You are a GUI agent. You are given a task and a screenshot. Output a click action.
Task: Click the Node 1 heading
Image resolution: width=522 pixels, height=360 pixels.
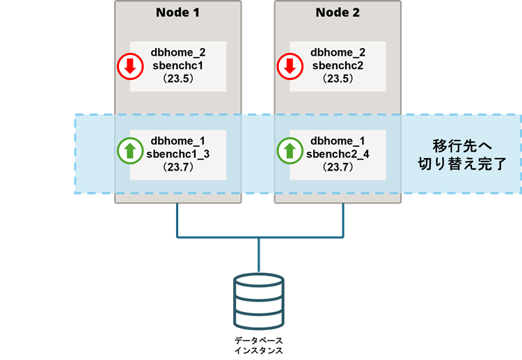coord(178,13)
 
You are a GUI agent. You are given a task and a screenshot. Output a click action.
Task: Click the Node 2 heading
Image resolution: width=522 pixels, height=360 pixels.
coord(338,13)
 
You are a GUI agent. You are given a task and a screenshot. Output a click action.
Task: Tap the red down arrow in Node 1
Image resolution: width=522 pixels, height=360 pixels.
coord(128,66)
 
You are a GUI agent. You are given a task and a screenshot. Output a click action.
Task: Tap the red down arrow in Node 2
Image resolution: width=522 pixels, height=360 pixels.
coord(288,66)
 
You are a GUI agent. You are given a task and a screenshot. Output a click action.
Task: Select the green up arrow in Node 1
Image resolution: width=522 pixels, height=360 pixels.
coord(128,150)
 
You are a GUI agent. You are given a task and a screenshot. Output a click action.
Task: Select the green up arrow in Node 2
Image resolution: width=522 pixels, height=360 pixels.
coord(288,150)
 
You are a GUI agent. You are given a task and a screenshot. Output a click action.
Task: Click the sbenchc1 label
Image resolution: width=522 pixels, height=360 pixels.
coord(178,65)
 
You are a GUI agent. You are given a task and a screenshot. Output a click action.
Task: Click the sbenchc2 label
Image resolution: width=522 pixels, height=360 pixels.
coord(338,65)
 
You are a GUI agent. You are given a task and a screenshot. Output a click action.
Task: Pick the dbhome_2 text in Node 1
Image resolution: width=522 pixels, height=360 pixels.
coord(178,52)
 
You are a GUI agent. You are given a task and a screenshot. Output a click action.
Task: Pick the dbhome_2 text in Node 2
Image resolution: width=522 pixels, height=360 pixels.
coord(338,52)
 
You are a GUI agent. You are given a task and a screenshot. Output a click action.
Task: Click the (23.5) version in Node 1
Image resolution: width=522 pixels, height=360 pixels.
coord(178,79)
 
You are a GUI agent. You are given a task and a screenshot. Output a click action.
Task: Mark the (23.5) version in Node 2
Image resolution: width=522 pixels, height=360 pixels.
coord(338,79)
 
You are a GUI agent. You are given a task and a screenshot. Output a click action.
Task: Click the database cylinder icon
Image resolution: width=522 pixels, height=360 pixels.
coord(258,302)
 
